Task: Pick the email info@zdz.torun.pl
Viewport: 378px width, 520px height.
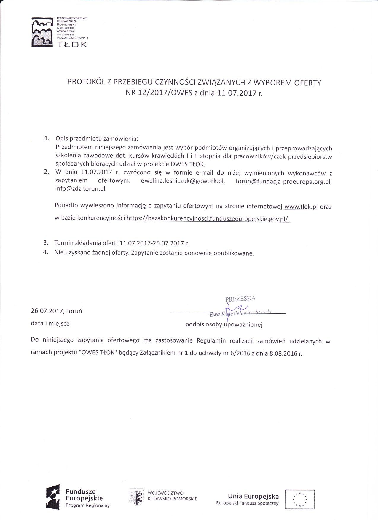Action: pos(81,189)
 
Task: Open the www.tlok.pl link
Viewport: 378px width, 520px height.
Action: pos(301,207)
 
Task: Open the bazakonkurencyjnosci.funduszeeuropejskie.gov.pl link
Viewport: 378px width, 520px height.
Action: pos(208,219)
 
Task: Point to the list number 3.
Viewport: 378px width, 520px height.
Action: pos(46,243)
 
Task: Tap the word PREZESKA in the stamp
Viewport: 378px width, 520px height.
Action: pos(240,299)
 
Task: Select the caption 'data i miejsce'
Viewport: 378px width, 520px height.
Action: pos(50,323)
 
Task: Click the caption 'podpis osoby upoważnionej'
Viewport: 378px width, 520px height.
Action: pos(224,324)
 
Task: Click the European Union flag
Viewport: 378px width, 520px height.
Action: pos(299,500)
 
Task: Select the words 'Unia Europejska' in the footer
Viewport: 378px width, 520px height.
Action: pos(253,496)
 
